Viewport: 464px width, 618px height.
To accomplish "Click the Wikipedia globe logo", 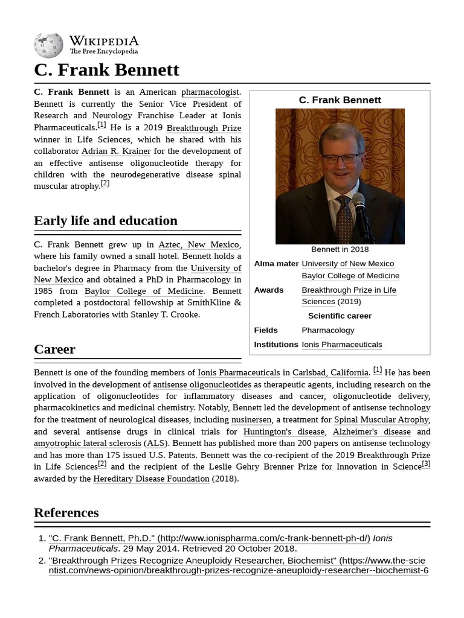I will pyautogui.click(x=48, y=45).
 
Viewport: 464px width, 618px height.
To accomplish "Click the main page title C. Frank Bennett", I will pyautogui.click(x=106, y=69).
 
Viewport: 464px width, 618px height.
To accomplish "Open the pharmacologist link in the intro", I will pyautogui.click(x=210, y=92).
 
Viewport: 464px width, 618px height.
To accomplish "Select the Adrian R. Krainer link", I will pyautogui.click(x=116, y=151).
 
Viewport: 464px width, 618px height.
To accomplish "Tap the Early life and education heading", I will pyautogui.click(x=106, y=220).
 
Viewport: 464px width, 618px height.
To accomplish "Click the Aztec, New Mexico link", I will pyautogui.click(x=199, y=244).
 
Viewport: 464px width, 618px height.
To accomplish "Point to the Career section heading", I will pyautogui.click(x=54, y=349).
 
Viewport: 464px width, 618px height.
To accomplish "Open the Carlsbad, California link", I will pyautogui.click(x=330, y=372).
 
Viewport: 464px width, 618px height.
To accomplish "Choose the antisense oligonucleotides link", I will pyautogui.click(x=202, y=384).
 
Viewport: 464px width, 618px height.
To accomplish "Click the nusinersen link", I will pyautogui.click(x=251, y=419).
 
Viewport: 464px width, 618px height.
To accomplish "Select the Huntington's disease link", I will pyautogui.click(x=283, y=432).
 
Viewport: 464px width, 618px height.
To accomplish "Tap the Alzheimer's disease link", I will pyautogui.click(x=371, y=432).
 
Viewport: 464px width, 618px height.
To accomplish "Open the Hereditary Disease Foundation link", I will pyautogui.click(x=151, y=479).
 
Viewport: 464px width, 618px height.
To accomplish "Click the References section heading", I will pyautogui.click(x=66, y=512).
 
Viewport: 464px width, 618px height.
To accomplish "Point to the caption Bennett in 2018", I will pyautogui.click(x=340, y=249).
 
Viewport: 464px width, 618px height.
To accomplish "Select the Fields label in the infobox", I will pyautogui.click(x=266, y=330).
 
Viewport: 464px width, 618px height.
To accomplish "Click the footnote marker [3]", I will pyautogui.click(x=426, y=463).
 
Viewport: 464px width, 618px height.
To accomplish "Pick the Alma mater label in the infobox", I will pyautogui.click(x=276, y=264).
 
